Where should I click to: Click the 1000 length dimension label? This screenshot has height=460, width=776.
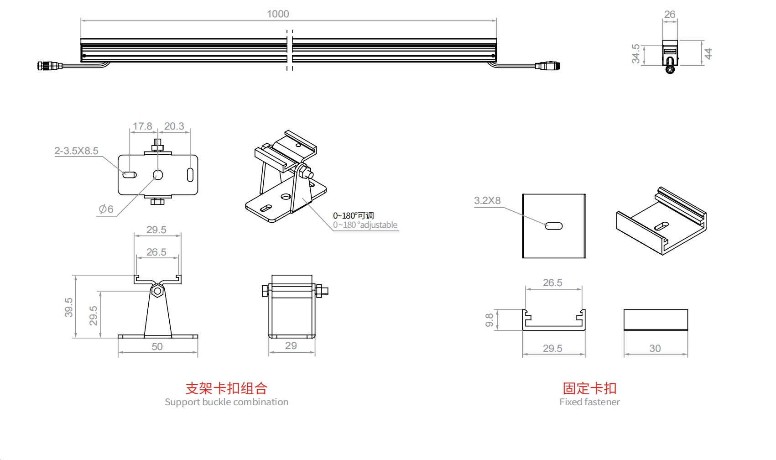pos(278,14)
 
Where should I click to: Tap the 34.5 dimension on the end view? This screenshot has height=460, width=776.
pos(635,54)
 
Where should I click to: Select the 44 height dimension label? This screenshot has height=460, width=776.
pos(708,54)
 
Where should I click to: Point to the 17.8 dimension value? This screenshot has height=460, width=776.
pos(142,126)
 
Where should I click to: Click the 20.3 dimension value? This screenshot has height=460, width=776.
pos(174,126)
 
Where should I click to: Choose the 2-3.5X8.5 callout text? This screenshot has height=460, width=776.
pos(76,151)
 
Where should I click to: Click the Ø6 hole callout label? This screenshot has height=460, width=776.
pos(106,209)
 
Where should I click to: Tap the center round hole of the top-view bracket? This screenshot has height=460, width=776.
pos(158,175)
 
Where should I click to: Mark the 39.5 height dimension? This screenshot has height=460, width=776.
pos(68,307)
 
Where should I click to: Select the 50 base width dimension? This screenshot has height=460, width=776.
pos(157,347)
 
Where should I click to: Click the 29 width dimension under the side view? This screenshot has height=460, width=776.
pos(291,346)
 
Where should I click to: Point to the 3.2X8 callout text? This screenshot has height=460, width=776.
pos(487,201)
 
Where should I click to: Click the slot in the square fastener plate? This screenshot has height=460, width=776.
pos(554,226)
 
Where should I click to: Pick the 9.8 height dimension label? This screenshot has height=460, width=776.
pos(490,320)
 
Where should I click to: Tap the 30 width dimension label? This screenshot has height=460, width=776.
pos(655,349)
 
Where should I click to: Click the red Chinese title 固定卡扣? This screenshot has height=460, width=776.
pos(589,388)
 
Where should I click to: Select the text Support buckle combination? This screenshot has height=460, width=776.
pos(226,402)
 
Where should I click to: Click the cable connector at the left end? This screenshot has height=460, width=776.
pos(49,66)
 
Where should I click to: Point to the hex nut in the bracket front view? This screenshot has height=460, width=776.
pos(158,290)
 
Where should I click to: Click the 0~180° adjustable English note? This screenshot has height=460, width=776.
pos(365,225)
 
